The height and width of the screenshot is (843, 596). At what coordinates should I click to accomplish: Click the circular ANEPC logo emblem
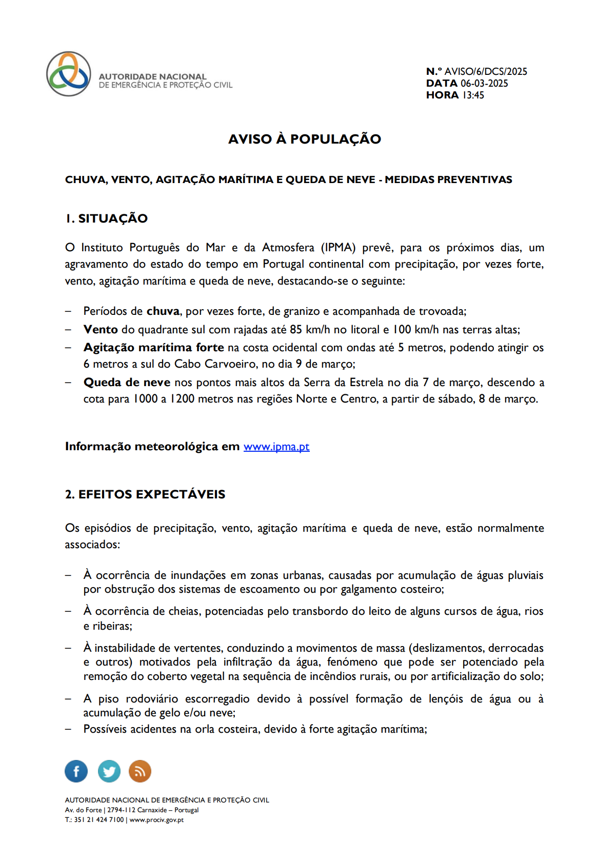69,74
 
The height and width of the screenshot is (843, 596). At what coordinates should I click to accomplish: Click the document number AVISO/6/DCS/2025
485,71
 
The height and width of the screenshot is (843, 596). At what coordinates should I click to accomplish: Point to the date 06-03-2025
484,83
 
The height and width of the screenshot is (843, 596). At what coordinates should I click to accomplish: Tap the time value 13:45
473,95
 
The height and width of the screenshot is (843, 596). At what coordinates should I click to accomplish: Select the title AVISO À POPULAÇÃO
305,139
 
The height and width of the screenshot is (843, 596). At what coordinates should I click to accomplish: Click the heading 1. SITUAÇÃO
107,218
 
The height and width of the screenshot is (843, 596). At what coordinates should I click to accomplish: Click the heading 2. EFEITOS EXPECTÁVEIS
145,494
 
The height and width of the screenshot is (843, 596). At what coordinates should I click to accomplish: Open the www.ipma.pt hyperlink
276,447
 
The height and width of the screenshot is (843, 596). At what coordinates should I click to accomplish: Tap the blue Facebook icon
76,771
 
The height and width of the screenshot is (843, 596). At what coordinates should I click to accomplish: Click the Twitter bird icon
109,771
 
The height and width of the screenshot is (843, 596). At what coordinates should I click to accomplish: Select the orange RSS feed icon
140,771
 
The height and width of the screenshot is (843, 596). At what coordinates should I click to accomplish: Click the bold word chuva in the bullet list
163,311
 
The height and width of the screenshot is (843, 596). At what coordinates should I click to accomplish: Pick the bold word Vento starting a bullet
101,329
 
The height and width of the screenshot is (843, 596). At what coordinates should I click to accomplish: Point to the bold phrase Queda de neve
127,383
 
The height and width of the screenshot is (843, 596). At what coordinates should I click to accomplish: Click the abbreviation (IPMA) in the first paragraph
338,248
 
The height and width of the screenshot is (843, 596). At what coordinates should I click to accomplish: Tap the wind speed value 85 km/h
310,329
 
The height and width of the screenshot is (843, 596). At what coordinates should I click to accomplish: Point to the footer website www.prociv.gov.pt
156,820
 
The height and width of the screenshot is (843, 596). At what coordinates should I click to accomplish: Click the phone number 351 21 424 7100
99,820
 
